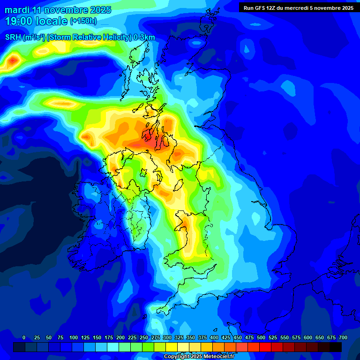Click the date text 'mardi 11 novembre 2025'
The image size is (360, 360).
tap(58, 10)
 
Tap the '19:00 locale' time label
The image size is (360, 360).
tap(37, 21)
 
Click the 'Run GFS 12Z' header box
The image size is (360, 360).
tap(299, 7)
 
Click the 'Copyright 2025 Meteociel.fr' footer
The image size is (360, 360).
tap(199, 357)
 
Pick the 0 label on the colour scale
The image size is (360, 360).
tap(24, 337)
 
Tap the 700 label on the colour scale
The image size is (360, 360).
tap(343, 337)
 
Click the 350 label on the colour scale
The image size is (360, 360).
tap(191, 337)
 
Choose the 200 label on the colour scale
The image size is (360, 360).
tap(120, 337)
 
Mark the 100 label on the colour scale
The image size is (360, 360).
tap(74, 337)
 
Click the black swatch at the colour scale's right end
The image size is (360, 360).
tap(336, 347)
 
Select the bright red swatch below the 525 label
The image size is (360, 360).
tap(265, 347)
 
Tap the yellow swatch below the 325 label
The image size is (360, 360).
tap(172, 347)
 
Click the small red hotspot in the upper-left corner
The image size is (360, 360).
tap(13, 60)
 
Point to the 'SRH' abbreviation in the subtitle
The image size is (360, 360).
tap(14, 37)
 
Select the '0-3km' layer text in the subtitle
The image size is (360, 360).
tap(144, 37)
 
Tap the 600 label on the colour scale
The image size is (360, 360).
tap(308, 337)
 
